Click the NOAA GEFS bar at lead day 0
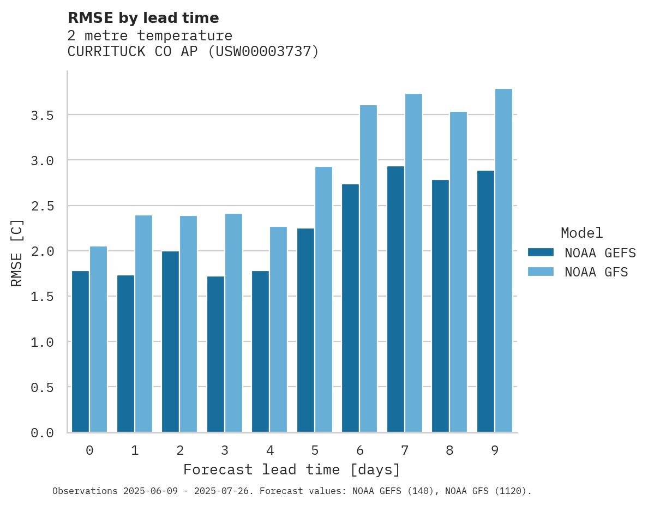pyautogui.click(x=80, y=352)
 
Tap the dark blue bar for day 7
pyautogui.click(x=395, y=299)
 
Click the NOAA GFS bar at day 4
pyautogui.click(x=278, y=329)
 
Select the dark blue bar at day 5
pyautogui.click(x=305, y=330)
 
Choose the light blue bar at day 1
pyautogui.click(x=143, y=324)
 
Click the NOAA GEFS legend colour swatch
pyautogui.click(x=541, y=252)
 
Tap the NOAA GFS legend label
pyautogui.click(x=596, y=272)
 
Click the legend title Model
pyautogui.click(x=581, y=233)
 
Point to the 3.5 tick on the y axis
pyautogui.click(x=42, y=116)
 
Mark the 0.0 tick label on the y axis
pyautogui.click(x=42, y=433)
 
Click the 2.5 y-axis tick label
pyautogui.click(x=42, y=206)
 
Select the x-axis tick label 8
pyautogui.click(x=449, y=450)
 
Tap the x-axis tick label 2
pyautogui.click(x=179, y=450)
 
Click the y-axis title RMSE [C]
pyautogui.click(x=17, y=252)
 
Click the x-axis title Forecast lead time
pyautogui.click(x=292, y=469)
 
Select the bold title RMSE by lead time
pyautogui.click(x=143, y=18)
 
